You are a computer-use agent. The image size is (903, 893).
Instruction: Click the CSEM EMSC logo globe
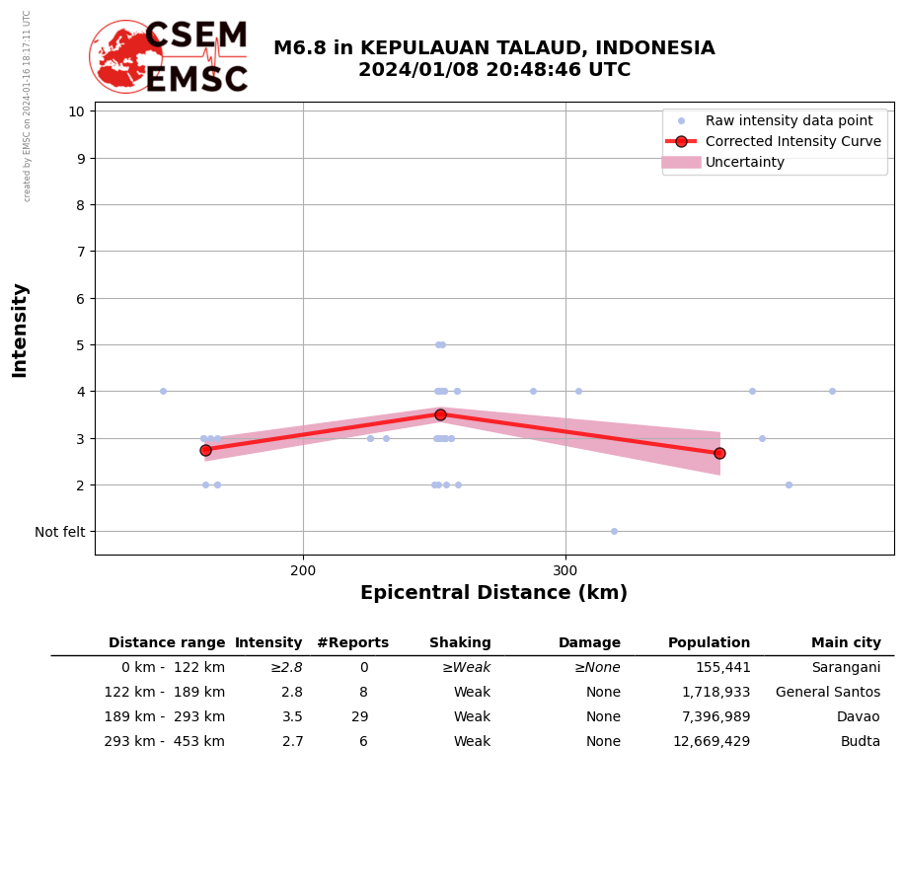125,56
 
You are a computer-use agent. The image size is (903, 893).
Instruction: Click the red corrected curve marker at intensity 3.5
440,414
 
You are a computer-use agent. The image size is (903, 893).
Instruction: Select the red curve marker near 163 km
205,450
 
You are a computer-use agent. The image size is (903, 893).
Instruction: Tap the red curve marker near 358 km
719,453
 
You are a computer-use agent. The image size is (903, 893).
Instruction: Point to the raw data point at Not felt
614,531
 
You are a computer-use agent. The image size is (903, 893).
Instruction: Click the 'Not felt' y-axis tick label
60,532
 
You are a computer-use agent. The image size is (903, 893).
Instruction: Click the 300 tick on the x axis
565,570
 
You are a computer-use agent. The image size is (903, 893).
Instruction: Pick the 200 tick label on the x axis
303,570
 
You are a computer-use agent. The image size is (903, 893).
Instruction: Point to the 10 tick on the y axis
76,111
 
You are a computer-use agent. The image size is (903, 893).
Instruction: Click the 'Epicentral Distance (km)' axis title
493,593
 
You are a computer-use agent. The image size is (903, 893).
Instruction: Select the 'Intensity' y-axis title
20,330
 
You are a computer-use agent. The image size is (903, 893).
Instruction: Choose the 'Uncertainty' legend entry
745,162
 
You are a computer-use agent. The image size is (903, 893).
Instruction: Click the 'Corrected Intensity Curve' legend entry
792,141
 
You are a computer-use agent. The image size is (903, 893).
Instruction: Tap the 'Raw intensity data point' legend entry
789,120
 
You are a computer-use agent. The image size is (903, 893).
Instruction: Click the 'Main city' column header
846,643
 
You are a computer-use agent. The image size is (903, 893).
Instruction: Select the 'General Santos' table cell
828,693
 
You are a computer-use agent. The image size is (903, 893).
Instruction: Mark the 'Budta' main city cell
861,742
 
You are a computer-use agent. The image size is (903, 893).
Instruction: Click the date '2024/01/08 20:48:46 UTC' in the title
493,70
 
